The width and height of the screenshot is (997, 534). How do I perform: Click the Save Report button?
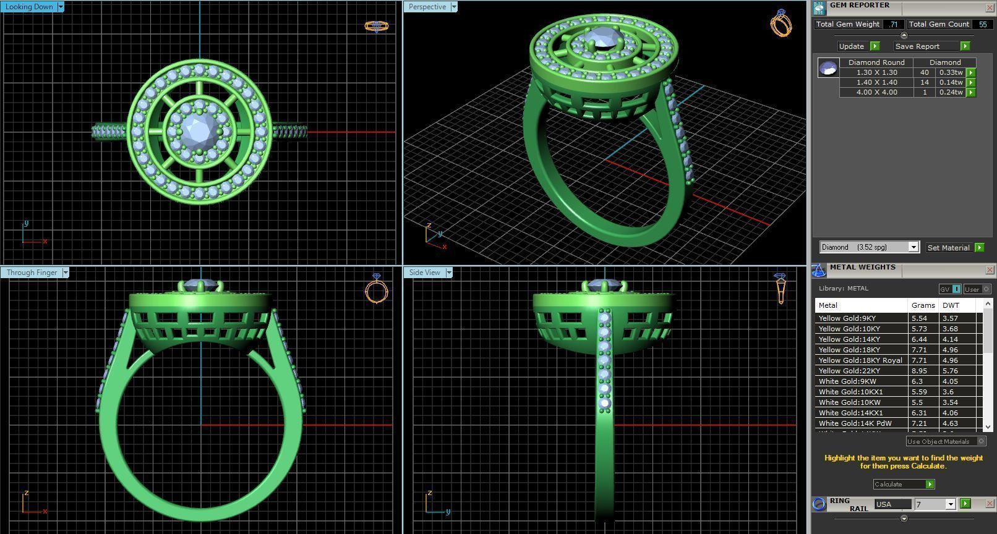tap(917, 46)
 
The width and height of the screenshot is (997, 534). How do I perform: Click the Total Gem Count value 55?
tap(982, 24)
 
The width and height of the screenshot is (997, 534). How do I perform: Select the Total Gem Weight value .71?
tap(893, 24)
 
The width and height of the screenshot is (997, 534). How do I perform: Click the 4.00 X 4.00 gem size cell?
tap(876, 92)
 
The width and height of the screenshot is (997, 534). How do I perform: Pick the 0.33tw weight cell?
tap(950, 72)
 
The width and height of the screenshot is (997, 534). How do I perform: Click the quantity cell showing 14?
tap(924, 82)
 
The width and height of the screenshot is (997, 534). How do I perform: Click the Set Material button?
tap(949, 248)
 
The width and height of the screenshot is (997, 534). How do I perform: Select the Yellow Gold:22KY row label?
tap(849, 371)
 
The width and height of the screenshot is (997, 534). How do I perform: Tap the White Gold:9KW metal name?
tap(847, 381)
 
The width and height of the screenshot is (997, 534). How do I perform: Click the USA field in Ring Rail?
tap(892, 504)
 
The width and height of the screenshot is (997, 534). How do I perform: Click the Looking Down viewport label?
tap(29, 7)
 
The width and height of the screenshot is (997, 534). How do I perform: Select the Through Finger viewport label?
tap(32, 273)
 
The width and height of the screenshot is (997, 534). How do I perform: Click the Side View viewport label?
tap(425, 273)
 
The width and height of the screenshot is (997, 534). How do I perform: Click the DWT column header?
tap(951, 305)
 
